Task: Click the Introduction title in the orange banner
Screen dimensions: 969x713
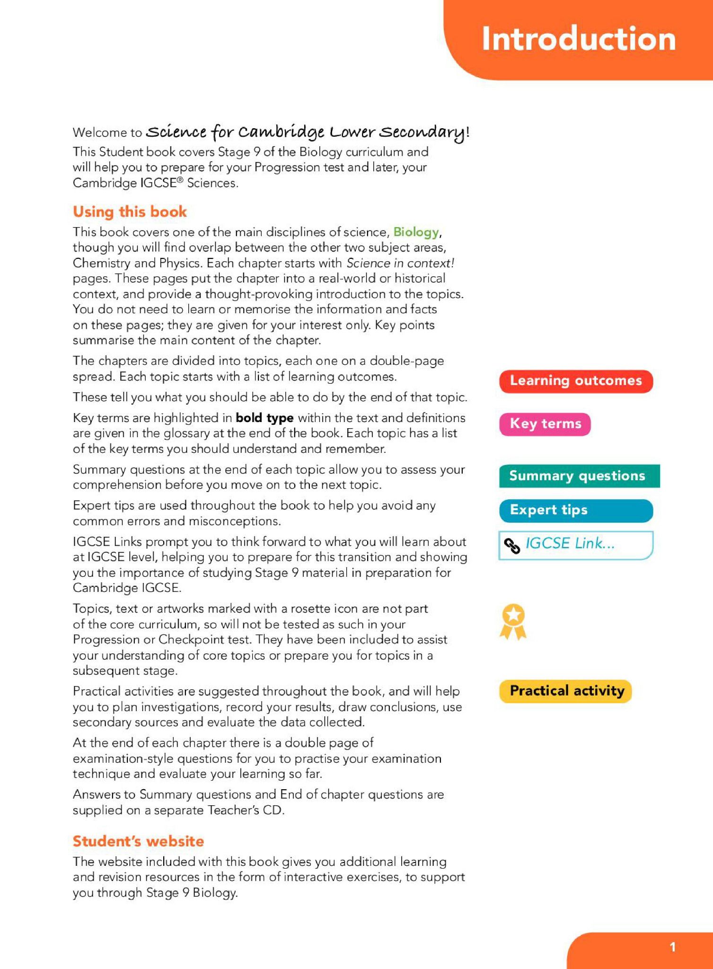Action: click(578, 39)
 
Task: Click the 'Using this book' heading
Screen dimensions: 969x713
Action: click(130, 211)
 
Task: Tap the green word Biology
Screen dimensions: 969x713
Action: click(416, 232)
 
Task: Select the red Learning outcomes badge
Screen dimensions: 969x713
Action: click(576, 381)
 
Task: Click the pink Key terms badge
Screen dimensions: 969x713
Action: click(545, 423)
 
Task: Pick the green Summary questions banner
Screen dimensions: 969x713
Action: click(579, 476)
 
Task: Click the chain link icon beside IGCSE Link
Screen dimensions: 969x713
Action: click(512, 546)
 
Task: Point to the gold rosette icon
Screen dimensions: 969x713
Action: click(513, 621)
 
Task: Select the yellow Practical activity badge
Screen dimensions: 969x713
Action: click(566, 691)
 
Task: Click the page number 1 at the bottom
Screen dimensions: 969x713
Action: click(672, 947)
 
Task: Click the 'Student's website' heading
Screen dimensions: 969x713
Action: click(138, 841)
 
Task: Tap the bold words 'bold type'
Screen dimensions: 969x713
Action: click(264, 418)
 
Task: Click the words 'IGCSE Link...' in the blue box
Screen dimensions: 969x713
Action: click(570, 543)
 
